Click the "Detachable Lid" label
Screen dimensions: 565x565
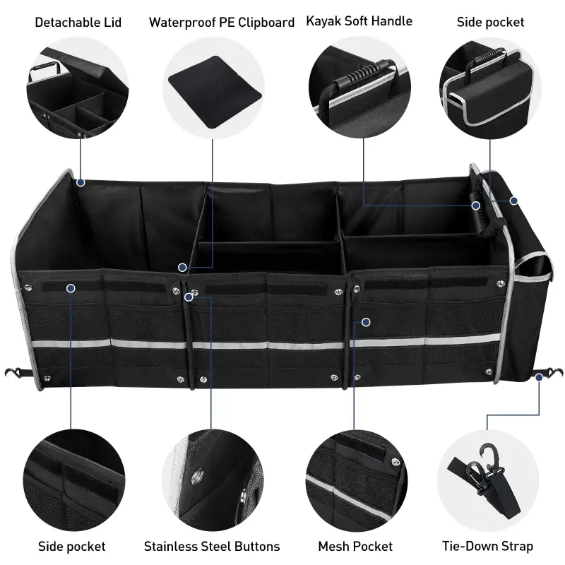point(78,23)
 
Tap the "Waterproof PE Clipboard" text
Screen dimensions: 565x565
point(221,23)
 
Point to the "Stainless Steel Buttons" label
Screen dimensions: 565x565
point(212,546)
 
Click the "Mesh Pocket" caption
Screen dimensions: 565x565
point(355,546)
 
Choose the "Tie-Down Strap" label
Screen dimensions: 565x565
point(487,546)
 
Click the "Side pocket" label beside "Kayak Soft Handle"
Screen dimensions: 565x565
point(490,23)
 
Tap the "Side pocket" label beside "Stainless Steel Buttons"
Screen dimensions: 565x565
point(71,546)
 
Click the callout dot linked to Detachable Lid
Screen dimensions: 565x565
point(81,182)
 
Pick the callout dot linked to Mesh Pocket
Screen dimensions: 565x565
point(366,322)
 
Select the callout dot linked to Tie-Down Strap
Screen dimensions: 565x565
point(539,378)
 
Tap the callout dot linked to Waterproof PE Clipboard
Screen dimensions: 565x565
point(182,268)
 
